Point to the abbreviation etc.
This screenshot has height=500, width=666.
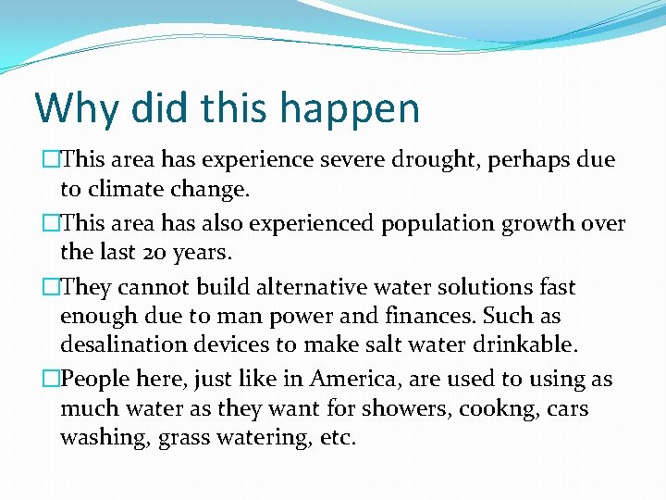(x=338, y=438)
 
